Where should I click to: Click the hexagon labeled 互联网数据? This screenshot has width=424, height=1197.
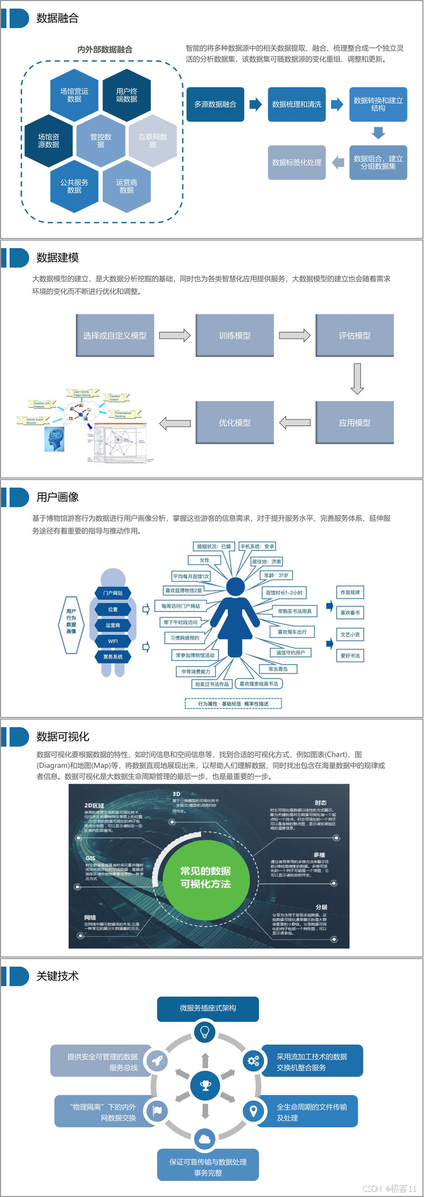[153, 140]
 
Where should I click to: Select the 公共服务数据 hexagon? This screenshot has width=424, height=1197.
[74, 187]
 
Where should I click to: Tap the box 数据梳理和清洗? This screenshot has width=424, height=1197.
[296, 104]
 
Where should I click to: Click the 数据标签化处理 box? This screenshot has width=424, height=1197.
[296, 163]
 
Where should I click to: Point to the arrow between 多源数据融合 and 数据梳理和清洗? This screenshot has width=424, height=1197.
[256, 104]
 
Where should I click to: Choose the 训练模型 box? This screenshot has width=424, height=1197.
[235, 335]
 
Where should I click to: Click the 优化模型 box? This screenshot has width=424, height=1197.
[235, 422]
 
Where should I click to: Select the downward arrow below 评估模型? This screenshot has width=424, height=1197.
[357, 378]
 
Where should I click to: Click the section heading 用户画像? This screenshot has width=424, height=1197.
[57, 497]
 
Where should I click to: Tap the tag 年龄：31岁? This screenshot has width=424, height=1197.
[277, 575]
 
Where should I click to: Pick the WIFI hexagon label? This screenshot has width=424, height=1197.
[113, 641]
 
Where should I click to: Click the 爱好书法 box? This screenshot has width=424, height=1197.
[350, 655]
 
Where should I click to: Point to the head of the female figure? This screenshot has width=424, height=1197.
[235, 586]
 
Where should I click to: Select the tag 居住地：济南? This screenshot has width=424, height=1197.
[267, 561]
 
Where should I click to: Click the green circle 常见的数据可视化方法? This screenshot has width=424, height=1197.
[206, 877]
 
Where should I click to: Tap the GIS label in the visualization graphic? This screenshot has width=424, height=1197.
[91, 858]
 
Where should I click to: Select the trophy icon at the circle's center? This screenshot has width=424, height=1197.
[206, 1086]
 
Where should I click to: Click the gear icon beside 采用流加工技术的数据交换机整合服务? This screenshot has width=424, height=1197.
[253, 1060]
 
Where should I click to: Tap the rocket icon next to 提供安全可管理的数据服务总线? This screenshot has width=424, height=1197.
[157, 1060]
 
